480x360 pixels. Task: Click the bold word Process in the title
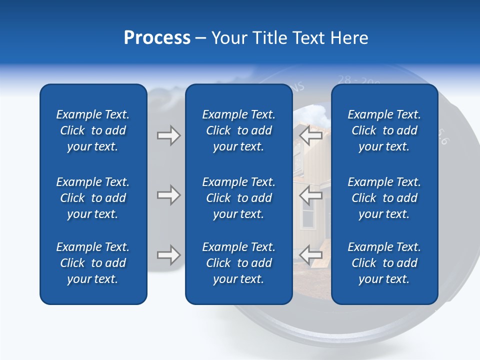[157, 38]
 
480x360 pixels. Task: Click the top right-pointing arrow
[168, 135]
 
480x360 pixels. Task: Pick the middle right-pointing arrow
[168, 195]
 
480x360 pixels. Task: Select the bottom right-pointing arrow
[168, 255]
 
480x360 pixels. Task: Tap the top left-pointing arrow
[310, 135]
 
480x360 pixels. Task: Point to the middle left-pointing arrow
[310, 195]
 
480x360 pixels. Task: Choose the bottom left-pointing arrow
[310, 255]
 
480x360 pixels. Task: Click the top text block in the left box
[93, 130]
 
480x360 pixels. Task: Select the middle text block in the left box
[93, 198]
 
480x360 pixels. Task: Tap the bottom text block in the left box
[93, 263]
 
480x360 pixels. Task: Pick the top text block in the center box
[238, 130]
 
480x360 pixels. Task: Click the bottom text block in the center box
[238, 263]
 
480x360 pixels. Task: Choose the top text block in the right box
[384, 130]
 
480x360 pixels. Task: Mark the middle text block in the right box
[384, 198]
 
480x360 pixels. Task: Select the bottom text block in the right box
[384, 263]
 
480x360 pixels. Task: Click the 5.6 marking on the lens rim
[443, 137]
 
